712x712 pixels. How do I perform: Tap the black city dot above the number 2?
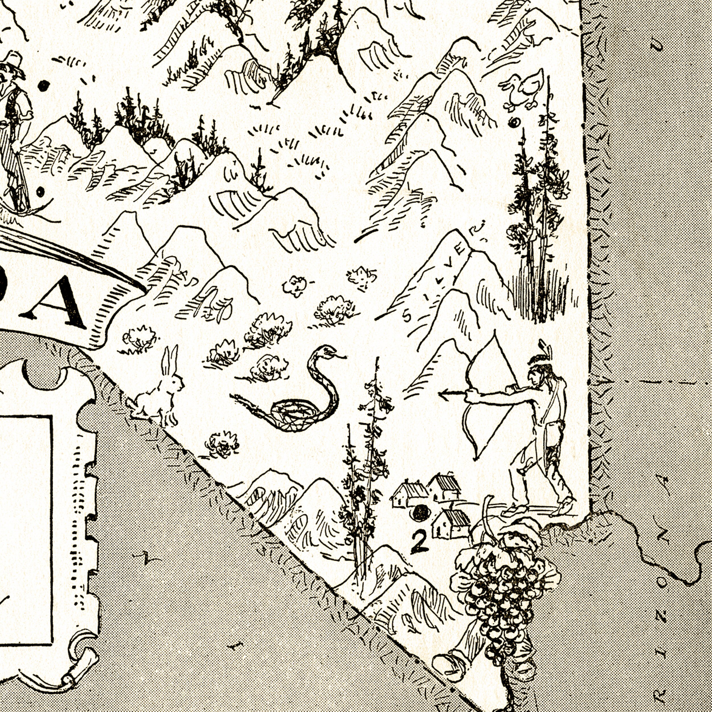(x=420, y=512)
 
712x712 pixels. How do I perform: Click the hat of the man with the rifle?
(x=13, y=63)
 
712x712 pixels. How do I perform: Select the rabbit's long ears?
(x=170, y=359)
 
